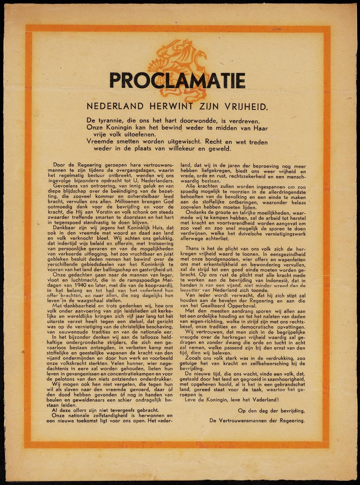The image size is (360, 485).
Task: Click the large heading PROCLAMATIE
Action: (177, 80)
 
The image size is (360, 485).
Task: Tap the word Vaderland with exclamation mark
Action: (264, 400)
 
